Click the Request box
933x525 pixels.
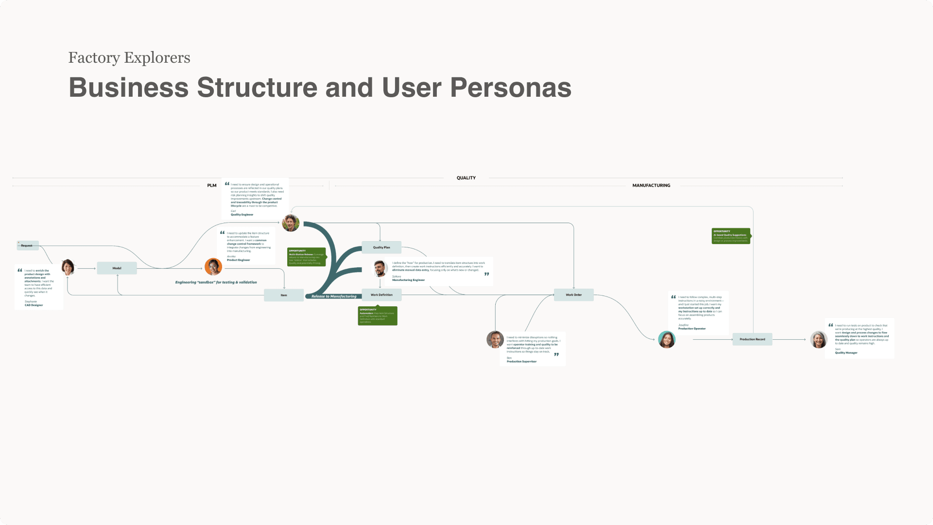coord(27,245)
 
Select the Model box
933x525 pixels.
coord(117,268)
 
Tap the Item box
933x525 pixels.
coord(284,295)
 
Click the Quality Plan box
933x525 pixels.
coord(381,247)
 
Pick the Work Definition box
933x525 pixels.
coord(381,295)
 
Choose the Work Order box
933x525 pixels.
coord(573,295)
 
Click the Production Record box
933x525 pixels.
coord(752,339)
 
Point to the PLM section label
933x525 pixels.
coord(212,185)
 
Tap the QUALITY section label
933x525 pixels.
coord(466,178)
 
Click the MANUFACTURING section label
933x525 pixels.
coord(651,185)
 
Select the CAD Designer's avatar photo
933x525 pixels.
coord(68,267)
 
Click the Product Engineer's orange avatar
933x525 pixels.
coord(213,267)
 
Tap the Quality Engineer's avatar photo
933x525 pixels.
coord(291,223)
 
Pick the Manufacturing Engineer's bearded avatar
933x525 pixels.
coord(380,268)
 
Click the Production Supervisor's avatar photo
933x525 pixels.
coord(495,339)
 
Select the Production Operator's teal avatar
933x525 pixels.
coord(667,339)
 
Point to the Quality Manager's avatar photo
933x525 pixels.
coord(818,339)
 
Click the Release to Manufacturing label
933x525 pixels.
coord(334,296)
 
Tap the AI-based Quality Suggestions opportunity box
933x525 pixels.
coord(731,236)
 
